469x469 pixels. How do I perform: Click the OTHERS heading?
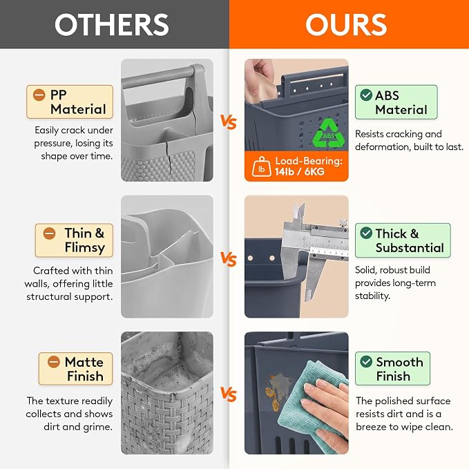pos(112,25)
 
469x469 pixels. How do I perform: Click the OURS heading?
pos(346,25)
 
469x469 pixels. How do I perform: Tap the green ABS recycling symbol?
pos(328,133)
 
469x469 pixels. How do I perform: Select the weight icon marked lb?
pos(261,166)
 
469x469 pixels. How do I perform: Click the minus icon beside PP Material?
pos(39,95)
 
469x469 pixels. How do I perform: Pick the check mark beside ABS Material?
pos(366,95)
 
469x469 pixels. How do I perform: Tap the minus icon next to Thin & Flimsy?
pos(49,233)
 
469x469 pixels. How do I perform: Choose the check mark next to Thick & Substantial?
pos(366,233)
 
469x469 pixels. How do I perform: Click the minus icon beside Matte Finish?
pos(54,362)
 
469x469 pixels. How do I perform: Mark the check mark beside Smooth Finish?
pos(366,362)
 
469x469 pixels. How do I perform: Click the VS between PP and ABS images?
pos(229,122)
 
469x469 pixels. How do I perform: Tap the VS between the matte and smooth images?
pos(229,394)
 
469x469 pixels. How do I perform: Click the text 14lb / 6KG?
pos(299,172)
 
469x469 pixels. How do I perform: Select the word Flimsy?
pos(85,248)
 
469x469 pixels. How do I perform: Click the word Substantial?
pos(410,248)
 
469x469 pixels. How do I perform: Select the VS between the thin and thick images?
pos(229,259)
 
